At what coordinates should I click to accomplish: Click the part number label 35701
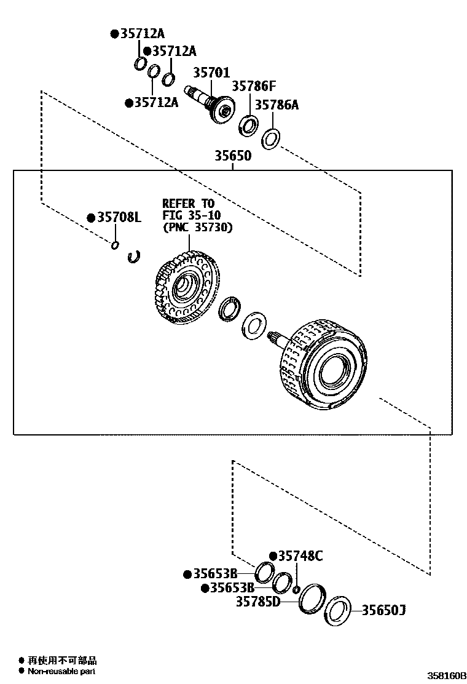point(212,73)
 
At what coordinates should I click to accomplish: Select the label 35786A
point(277,105)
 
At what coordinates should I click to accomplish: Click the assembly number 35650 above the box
point(233,156)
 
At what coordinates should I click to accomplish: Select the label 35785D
point(258,601)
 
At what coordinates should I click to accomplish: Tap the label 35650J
point(383,610)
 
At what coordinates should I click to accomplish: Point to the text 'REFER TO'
point(187,203)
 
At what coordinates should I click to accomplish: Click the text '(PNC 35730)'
point(198,227)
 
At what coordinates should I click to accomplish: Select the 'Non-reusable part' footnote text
point(61,671)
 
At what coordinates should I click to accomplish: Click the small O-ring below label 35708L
point(115,245)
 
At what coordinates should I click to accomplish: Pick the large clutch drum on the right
point(326,364)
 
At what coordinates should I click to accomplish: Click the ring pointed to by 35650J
point(337,611)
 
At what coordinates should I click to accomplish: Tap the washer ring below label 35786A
point(270,139)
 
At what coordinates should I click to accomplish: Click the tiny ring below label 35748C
point(296,590)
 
